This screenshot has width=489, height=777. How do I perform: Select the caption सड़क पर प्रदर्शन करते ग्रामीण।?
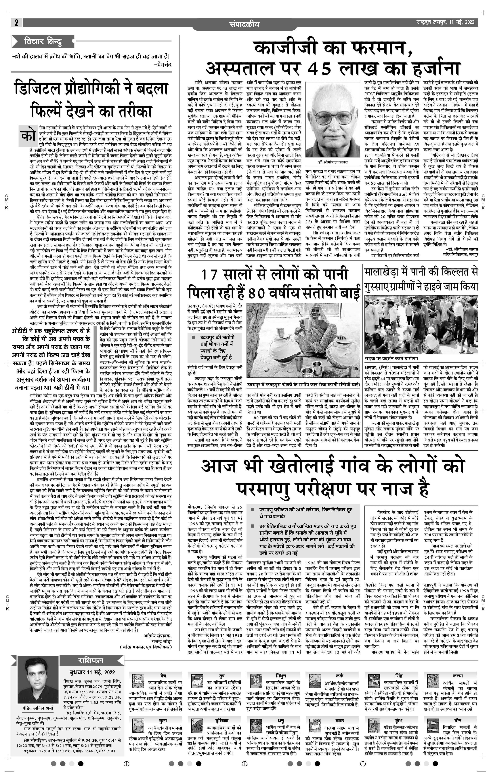click(x=391, y=358)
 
